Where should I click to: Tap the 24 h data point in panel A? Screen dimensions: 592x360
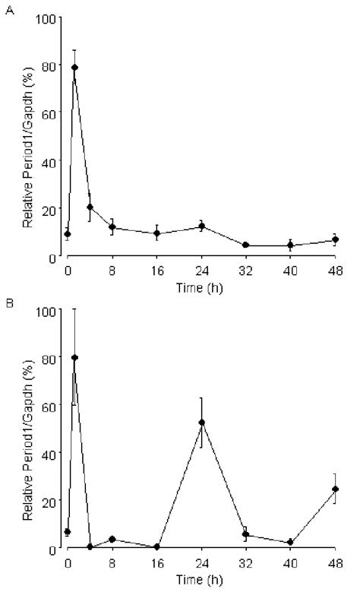[201, 226]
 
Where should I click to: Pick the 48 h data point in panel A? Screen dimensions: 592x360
[335, 240]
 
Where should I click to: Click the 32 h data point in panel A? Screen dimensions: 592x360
[245, 245]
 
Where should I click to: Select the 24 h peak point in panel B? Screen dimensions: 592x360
[201, 423]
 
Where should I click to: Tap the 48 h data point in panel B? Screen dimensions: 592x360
[335, 489]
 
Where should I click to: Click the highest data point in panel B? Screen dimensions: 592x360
[75, 358]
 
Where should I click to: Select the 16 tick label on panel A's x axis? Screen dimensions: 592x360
[156, 271]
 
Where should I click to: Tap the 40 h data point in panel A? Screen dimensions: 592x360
[290, 245]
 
